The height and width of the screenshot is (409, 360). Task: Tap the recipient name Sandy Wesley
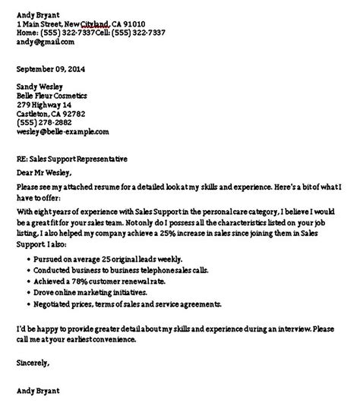tap(43, 86)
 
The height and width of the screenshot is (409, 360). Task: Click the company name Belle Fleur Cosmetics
tap(52, 96)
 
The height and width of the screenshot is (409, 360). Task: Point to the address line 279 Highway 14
tap(44, 105)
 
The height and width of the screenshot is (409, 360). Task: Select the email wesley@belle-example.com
tap(62, 131)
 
